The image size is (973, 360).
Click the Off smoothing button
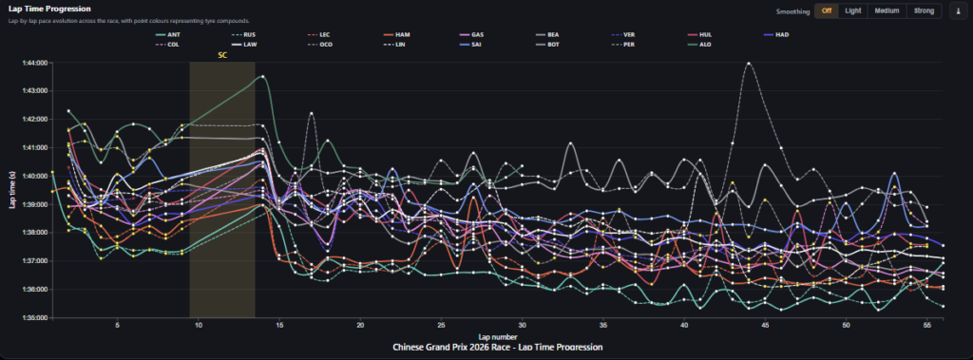pyautogui.click(x=827, y=11)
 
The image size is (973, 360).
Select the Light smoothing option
pyautogui.click(x=853, y=11)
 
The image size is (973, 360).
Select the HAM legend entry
pyautogui.click(x=403, y=34)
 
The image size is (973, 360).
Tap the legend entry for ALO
pyautogui.click(x=704, y=45)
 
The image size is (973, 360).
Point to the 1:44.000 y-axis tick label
pyautogui.click(x=34, y=63)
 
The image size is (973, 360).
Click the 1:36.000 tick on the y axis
pyautogui.click(x=34, y=317)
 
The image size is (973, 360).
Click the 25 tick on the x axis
pyautogui.click(x=442, y=325)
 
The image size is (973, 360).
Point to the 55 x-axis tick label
pyautogui.click(x=927, y=325)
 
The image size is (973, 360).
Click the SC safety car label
pyautogui.click(x=222, y=55)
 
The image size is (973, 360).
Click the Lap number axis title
pyautogui.click(x=497, y=336)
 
